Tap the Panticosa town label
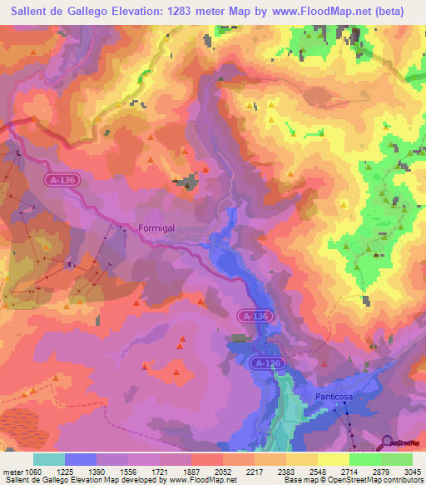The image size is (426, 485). [x=334, y=397]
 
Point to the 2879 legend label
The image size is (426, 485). [x=380, y=472]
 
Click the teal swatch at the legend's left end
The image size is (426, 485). [x=49, y=459]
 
